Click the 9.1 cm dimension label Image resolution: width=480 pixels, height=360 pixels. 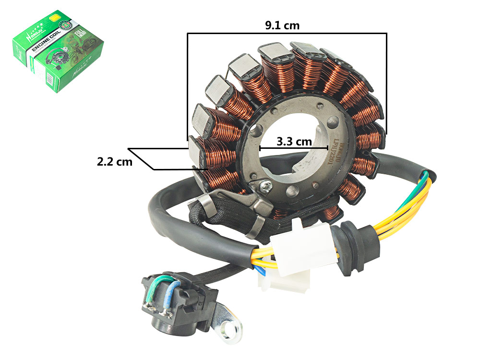point(282,25)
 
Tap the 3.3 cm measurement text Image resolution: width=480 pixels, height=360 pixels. point(294,142)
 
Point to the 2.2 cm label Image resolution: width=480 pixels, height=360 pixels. point(114,162)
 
